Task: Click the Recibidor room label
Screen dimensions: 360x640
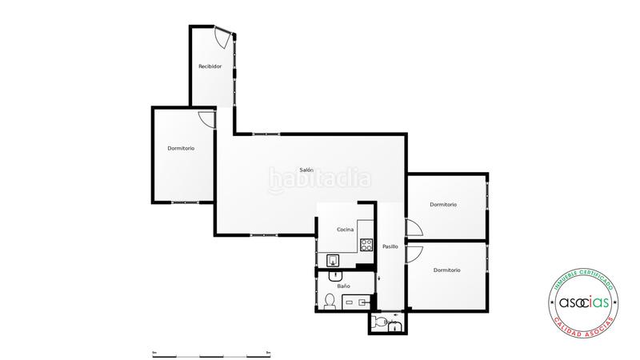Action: tap(210, 66)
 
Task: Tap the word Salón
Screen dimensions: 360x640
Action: tap(306, 170)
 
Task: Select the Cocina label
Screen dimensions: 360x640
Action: tap(346, 230)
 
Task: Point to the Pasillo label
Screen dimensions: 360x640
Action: tap(390, 246)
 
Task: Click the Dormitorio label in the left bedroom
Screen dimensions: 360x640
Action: tap(181, 149)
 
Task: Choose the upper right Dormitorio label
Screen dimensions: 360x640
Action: tap(443, 205)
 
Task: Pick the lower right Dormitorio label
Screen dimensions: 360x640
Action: tap(447, 270)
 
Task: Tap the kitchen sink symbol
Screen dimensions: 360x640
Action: tap(334, 259)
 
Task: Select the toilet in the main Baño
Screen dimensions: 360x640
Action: tap(330, 301)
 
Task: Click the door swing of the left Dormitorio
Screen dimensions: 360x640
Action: tap(206, 118)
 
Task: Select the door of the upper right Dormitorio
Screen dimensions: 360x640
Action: tap(414, 228)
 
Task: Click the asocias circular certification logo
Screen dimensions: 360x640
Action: tap(583, 303)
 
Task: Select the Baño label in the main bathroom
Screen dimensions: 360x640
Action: tap(344, 286)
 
